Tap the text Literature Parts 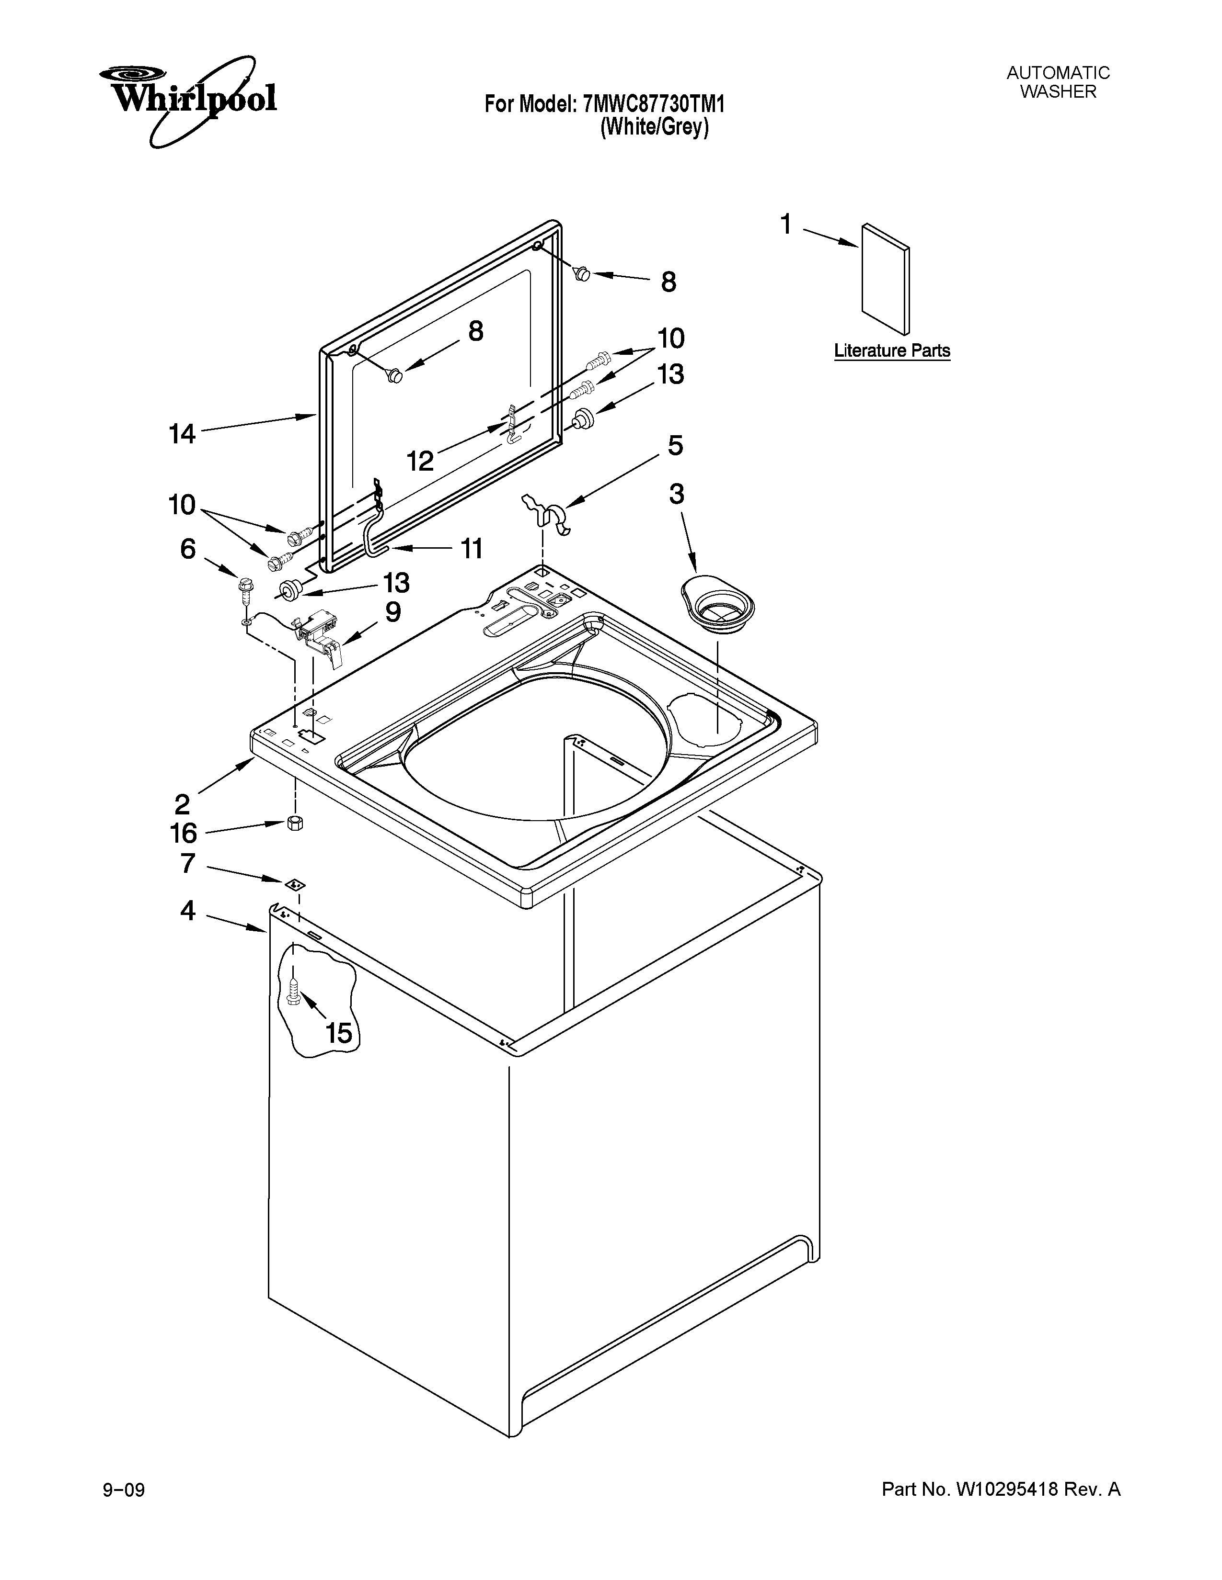(x=891, y=351)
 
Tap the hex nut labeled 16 (x=295, y=824)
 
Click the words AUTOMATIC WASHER (x=1058, y=82)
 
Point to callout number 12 (x=420, y=461)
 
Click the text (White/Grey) (x=654, y=128)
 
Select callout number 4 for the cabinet (x=187, y=911)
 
